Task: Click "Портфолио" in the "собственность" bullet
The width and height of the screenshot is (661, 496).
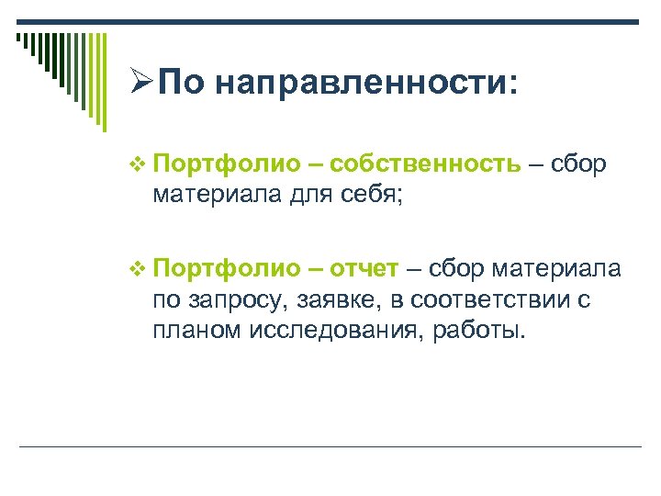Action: click(227, 164)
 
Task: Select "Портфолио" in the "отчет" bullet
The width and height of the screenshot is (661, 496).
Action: click(227, 268)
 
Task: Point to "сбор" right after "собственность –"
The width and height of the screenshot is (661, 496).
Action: click(579, 164)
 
